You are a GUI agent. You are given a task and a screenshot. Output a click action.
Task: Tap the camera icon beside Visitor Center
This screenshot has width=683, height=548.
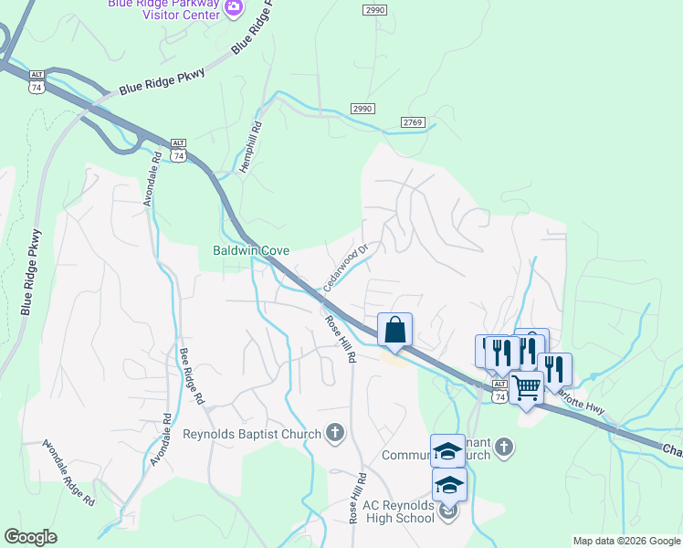pos(235,7)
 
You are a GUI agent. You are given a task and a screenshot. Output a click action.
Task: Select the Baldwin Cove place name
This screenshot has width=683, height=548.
pos(251,250)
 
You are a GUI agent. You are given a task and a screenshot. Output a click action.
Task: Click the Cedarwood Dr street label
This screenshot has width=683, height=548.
pos(345,268)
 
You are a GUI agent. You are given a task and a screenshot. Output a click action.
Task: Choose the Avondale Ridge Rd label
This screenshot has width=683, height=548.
pos(68,473)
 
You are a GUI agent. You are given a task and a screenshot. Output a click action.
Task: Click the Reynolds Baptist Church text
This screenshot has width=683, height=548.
pos(253,434)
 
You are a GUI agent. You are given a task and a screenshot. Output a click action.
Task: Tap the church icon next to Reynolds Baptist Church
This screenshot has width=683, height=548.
pos(335,433)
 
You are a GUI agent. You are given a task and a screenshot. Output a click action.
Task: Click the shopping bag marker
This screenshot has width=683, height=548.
pos(394,330)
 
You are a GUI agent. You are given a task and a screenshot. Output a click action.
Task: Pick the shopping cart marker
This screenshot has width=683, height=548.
pos(526,388)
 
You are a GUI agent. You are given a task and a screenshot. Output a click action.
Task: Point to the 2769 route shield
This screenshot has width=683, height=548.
pos(413,122)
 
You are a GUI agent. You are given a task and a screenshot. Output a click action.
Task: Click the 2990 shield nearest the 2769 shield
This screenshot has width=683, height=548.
pos(362,109)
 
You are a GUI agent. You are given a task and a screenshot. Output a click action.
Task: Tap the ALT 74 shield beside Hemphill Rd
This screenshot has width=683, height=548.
pos(179,150)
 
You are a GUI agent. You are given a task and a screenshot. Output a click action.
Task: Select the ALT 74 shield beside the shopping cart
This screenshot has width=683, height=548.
pos(499,391)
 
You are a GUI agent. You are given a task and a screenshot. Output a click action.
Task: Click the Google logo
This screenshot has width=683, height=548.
pos(31,537)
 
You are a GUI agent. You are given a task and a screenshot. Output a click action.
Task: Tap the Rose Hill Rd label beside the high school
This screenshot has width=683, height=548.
pos(356,498)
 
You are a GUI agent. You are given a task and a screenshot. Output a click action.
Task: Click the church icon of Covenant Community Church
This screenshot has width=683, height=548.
pos(503,448)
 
